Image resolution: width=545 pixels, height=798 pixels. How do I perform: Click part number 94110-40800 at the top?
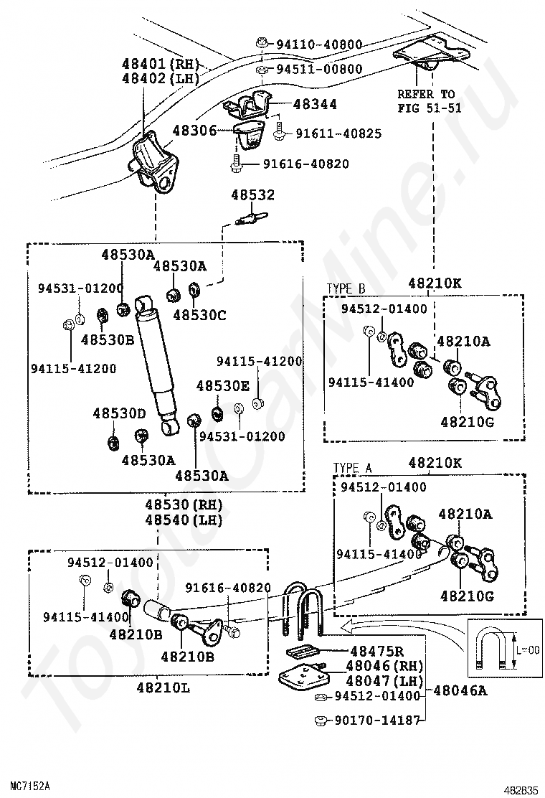319,44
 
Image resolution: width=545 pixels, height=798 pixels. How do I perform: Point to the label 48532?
252,195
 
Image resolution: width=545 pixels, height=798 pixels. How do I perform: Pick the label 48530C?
199,314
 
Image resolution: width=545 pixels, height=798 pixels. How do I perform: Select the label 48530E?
223,386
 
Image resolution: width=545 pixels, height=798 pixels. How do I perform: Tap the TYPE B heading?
346,288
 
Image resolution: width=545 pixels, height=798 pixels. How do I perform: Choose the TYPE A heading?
353,468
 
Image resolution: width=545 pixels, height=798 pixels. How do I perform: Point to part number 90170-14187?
376,720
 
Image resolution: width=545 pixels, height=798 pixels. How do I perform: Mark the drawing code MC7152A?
29,786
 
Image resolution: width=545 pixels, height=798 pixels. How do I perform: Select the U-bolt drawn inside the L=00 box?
496,650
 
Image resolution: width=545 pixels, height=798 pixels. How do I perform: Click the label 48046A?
458,690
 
